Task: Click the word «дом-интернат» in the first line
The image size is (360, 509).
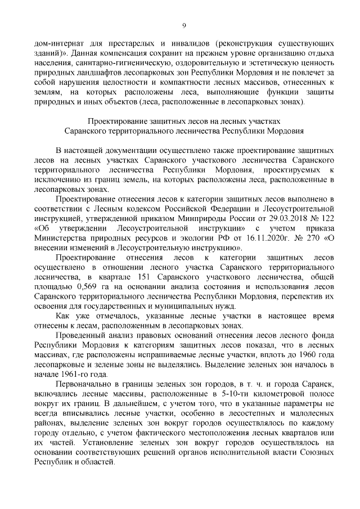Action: [60, 43]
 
